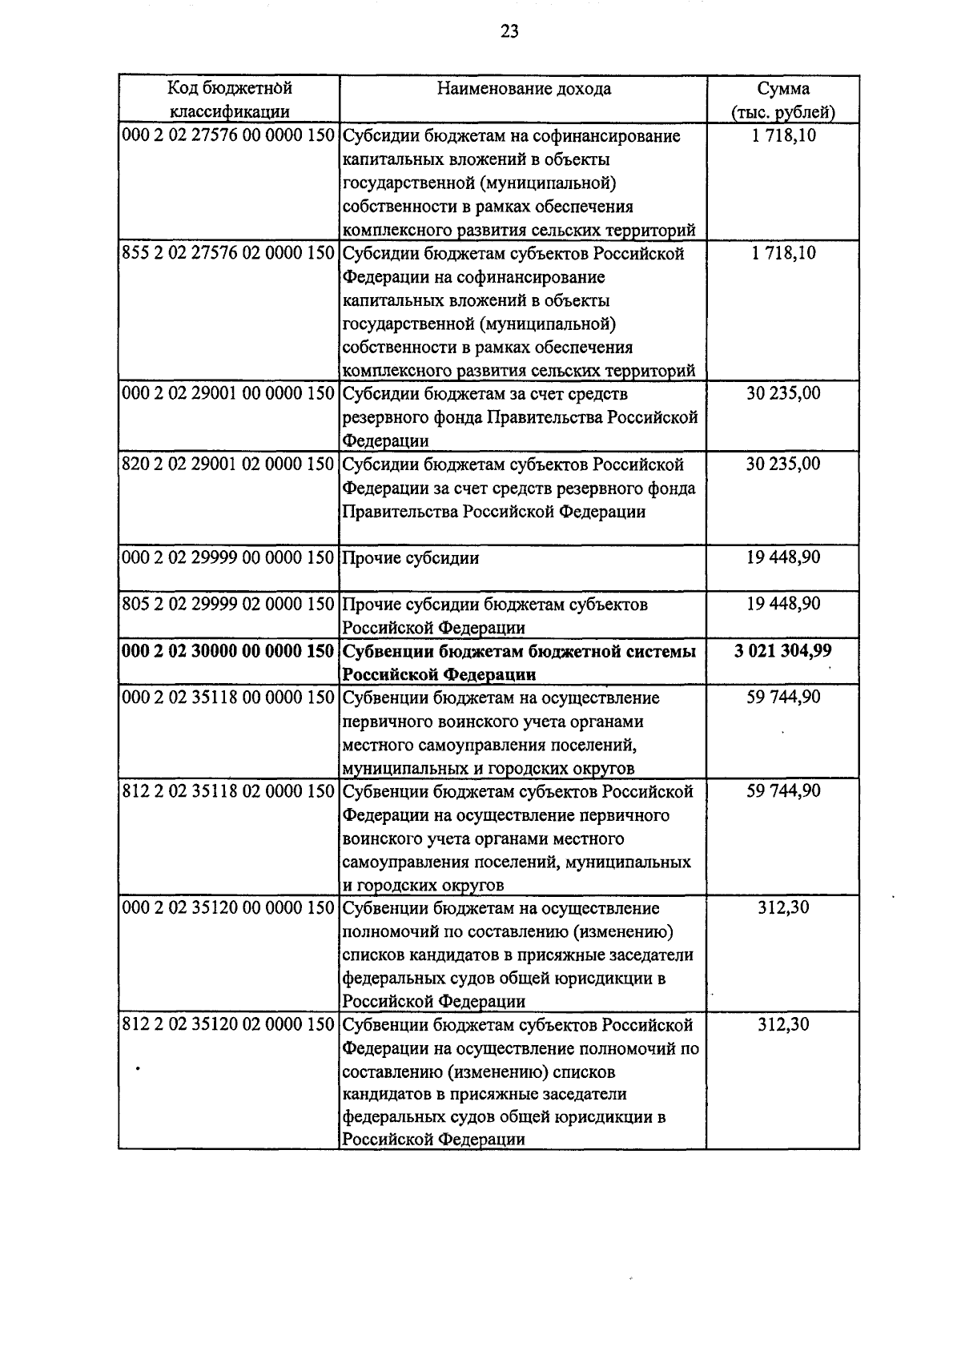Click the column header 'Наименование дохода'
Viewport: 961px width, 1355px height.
pos(524,89)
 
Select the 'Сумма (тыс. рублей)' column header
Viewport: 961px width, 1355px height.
pos(782,100)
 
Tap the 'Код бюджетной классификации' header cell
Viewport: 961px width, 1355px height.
pos(229,100)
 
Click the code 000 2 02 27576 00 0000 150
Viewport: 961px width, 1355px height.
pos(227,135)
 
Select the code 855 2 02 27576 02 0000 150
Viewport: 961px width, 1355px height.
pos(227,253)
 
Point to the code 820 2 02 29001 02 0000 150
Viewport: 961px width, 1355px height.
pos(227,464)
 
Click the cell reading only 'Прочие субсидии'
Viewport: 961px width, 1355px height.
pos(410,558)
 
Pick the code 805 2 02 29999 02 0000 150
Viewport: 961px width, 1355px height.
pos(227,605)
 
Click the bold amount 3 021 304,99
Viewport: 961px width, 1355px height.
pos(782,651)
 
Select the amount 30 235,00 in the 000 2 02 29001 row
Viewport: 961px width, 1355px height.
pos(782,394)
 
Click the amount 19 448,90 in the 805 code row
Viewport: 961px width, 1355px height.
pos(782,604)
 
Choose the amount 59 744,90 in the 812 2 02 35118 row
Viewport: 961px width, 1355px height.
pos(782,791)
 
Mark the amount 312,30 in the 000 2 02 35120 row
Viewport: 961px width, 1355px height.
pos(782,908)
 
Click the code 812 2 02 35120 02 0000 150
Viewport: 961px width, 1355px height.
pos(227,1025)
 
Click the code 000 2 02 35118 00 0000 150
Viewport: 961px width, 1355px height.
pos(227,698)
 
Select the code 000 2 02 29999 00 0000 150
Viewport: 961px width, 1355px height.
pos(227,558)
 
